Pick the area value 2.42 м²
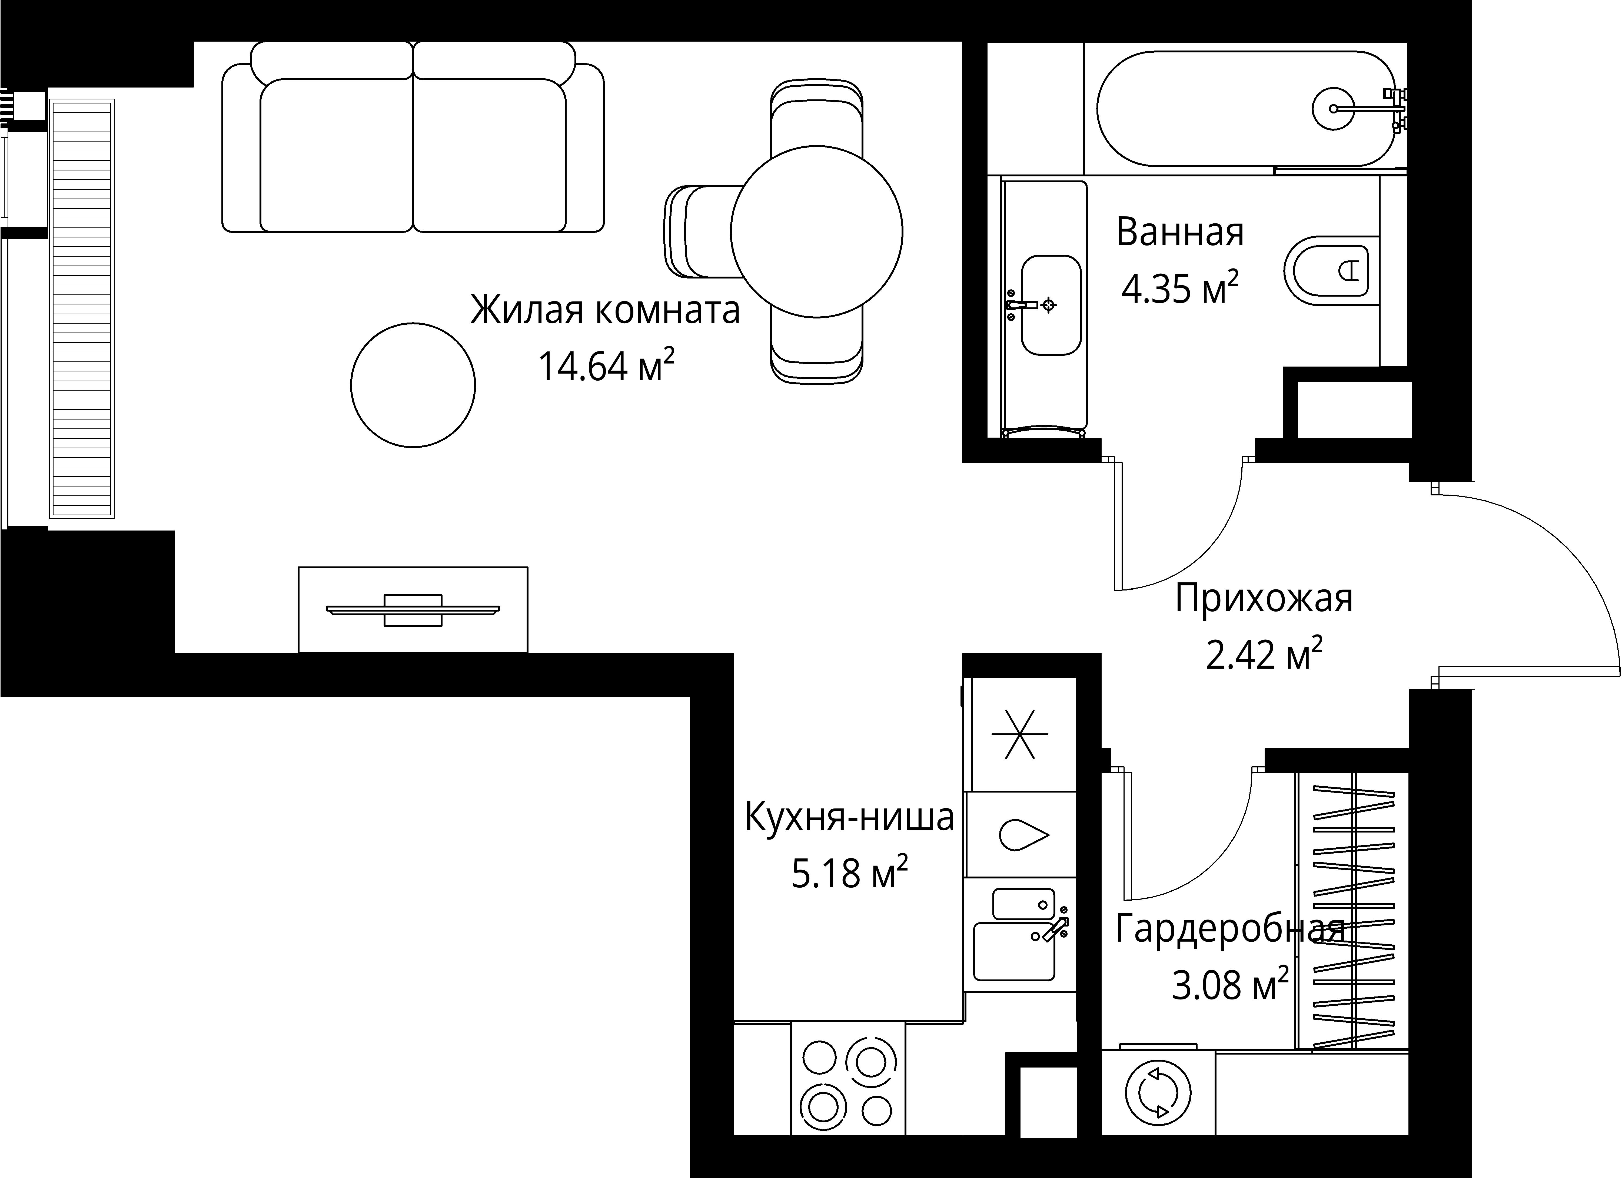tap(1264, 655)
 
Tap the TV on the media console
tap(413, 610)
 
